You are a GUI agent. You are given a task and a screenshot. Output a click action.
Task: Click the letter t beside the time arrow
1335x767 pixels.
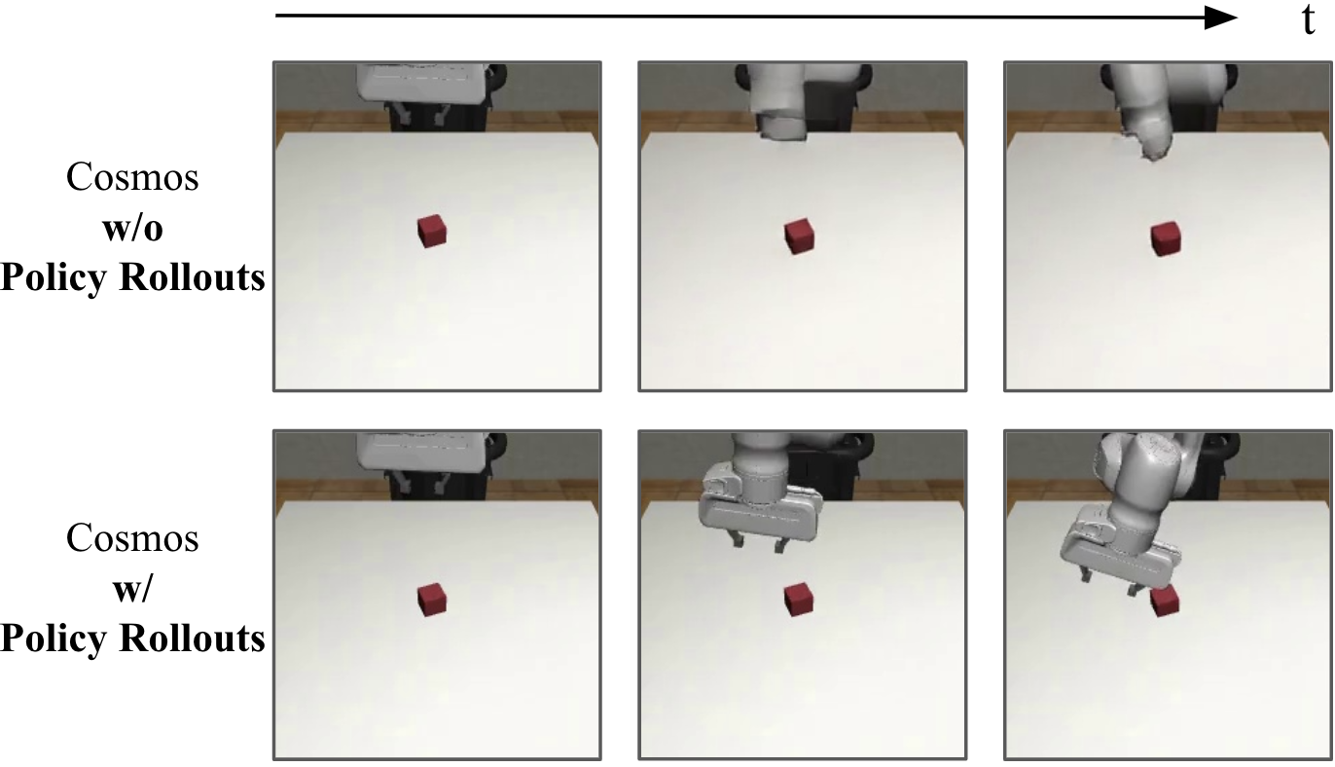coord(1308,20)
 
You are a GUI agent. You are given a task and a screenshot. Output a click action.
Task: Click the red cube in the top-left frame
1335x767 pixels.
coord(432,231)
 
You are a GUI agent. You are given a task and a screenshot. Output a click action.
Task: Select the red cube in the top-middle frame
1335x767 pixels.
coord(799,236)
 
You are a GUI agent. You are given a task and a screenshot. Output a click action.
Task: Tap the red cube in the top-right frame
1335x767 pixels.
coord(1165,239)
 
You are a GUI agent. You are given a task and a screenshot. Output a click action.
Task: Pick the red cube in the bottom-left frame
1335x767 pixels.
coord(432,600)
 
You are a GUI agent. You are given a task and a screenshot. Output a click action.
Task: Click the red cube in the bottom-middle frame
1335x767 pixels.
coord(799,600)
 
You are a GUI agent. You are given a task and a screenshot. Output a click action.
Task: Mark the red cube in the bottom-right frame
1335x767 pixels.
coord(1165,602)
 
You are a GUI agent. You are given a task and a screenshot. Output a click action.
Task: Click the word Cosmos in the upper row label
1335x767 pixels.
coord(132,177)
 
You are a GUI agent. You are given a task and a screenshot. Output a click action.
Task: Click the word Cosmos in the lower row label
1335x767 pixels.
coord(132,538)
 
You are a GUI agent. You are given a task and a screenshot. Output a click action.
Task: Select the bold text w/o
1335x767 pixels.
coord(133,228)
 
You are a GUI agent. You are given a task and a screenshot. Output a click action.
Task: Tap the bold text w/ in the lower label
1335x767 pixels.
coord(133,589)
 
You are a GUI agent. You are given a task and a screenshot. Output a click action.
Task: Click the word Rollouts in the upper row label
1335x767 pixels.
coord(192,277)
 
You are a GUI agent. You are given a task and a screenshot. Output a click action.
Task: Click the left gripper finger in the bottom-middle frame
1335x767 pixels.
coord(738,541)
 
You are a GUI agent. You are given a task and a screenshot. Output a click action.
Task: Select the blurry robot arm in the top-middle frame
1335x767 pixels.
coord(779,102)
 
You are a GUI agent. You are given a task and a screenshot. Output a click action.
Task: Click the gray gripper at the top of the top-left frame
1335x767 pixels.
coord(422,82)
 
